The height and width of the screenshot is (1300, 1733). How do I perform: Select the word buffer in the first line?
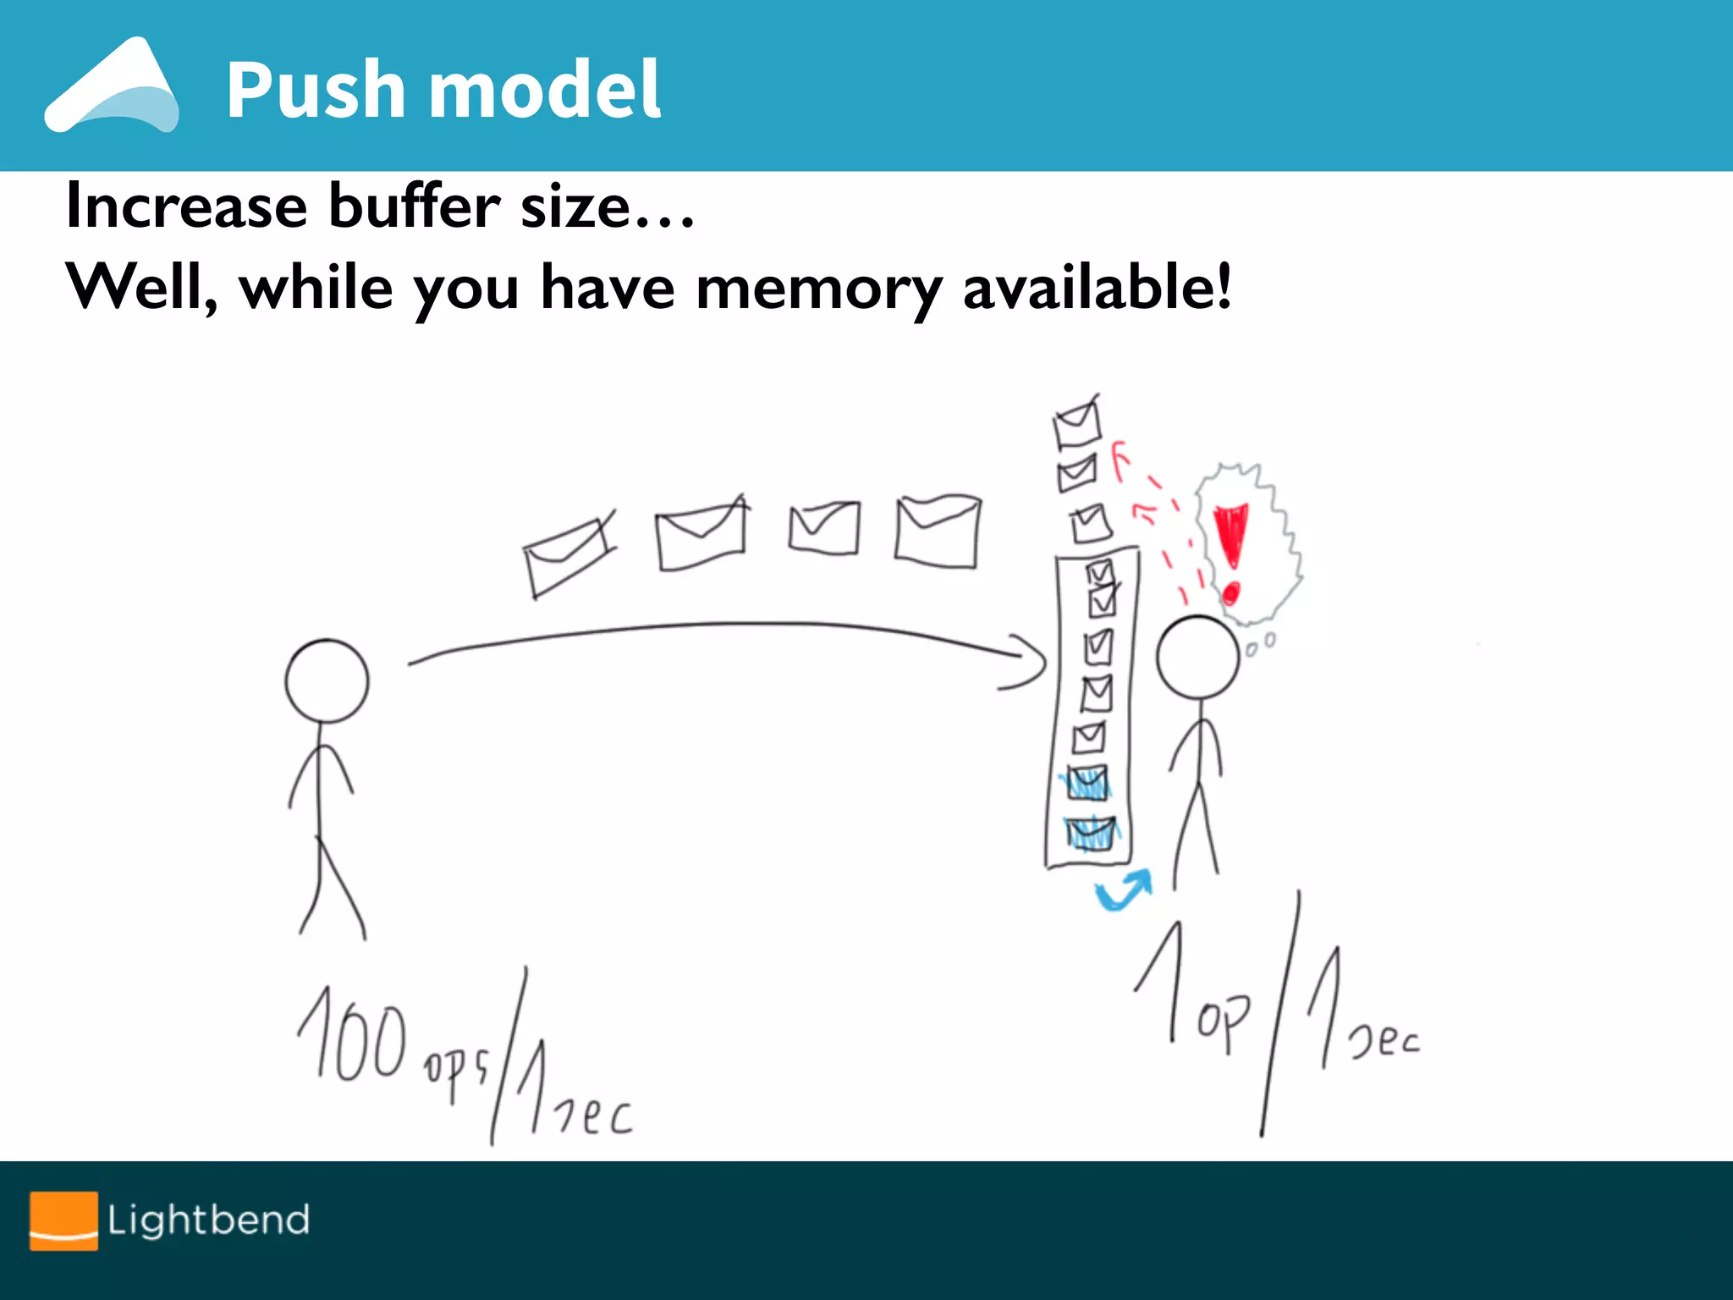coord(415,206)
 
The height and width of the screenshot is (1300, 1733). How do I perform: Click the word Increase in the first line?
coord(186,206)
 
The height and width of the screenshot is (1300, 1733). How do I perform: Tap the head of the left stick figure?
coord(327,680)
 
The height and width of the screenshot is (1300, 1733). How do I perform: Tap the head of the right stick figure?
coord(1197,657)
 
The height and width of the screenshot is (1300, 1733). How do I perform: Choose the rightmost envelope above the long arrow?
coord(938,532)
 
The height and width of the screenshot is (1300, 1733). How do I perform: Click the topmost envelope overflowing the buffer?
coord(1077,423)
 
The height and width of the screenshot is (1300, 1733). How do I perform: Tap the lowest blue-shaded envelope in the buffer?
coord(1091,833)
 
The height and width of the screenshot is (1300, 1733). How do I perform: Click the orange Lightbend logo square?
coord(63,1220)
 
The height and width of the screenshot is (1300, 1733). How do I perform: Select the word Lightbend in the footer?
coord(208,1220)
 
